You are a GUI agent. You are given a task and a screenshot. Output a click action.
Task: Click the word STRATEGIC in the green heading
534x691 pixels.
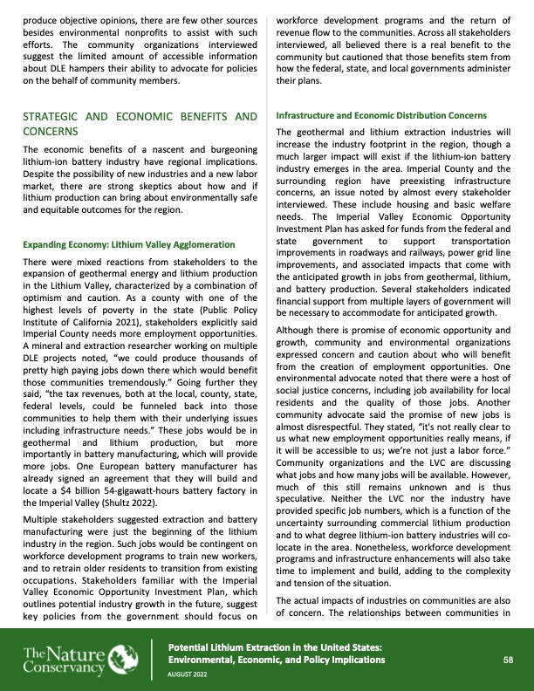54,116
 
